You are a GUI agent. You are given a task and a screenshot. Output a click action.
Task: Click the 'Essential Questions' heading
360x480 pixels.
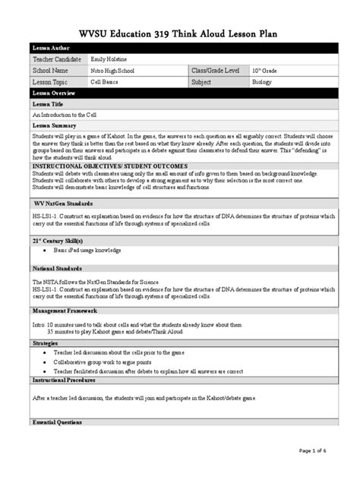[58, 422]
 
